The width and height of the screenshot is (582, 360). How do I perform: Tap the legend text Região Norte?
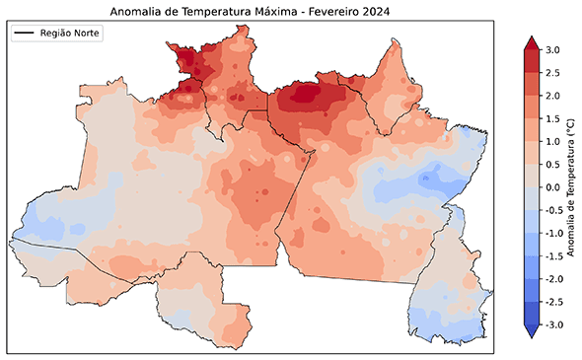70,34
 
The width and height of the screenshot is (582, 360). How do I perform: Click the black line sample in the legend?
25,34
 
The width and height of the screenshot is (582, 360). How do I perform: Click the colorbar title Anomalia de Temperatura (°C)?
571,187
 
